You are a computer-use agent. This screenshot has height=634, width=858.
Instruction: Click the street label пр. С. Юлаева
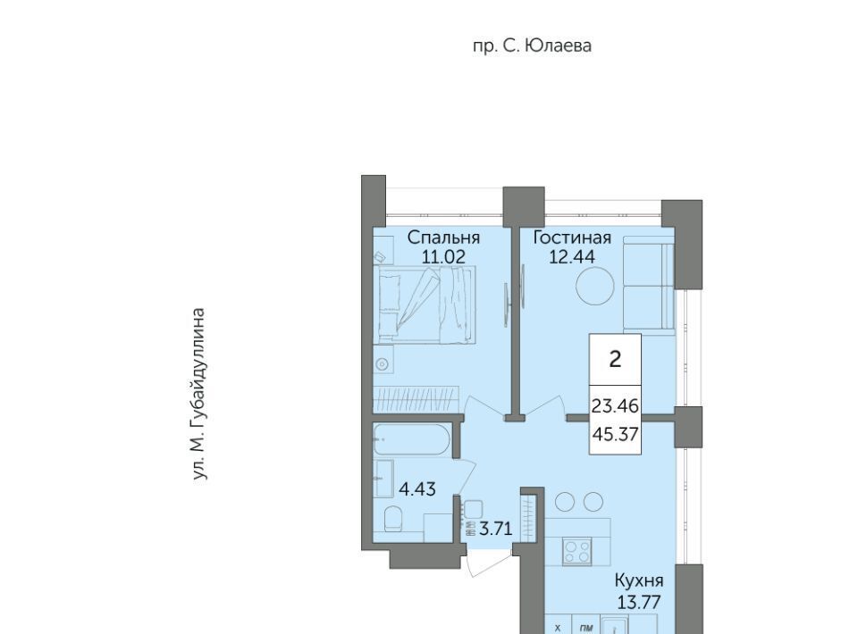coord(532,46)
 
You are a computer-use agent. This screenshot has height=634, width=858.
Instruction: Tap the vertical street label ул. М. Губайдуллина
coord(199,395)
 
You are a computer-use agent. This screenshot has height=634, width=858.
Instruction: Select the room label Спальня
coord(444,238)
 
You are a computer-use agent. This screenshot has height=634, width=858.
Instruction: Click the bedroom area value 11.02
coord(443,256)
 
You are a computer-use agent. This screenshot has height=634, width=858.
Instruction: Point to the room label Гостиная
coord(572,238)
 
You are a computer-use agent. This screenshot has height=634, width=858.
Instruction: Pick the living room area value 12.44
coord(572,256)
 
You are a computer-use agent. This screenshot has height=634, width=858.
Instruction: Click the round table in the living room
coord(595,285)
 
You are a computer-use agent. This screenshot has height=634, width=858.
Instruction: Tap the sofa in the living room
coord(649,284)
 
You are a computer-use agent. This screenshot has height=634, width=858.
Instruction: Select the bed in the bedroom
coord(425,304)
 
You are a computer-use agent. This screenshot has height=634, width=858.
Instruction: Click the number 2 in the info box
coord(615,359)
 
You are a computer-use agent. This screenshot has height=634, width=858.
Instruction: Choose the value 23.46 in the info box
coord(615,406)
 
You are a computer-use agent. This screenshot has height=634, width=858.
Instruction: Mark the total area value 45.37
coord(616,435)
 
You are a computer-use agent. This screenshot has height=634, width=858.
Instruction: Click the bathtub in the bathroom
coord(412,439)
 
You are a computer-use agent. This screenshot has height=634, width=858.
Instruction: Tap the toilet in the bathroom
coord(393,519)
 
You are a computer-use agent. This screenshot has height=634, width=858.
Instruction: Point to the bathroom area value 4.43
coord(417,489)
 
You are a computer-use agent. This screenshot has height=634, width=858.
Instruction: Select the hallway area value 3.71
coord(496,529)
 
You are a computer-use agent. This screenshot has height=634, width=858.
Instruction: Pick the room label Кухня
coord(639,580)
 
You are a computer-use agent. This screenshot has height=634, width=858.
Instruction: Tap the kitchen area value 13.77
coord(639,602)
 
